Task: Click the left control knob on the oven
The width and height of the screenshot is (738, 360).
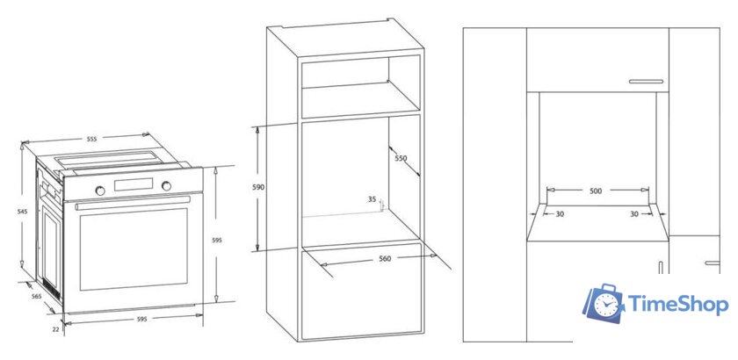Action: (x=100, y=191)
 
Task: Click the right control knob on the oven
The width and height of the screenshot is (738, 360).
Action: (x=166, y=186)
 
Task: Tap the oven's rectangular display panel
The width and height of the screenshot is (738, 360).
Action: (x=134, y=184)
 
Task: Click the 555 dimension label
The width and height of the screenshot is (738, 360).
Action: (x=91, y=139)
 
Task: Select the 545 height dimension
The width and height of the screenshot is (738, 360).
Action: (x=23, y=212)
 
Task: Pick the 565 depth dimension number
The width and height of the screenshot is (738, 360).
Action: (x=36, y=296)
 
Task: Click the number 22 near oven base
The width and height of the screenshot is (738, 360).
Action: (x=55, y=329)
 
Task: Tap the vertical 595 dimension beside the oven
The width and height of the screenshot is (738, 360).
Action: (x=216, y=240)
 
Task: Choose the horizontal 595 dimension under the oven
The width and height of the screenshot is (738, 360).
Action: (x=141, y=319)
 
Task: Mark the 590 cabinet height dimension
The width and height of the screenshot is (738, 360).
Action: (x=258, y=187)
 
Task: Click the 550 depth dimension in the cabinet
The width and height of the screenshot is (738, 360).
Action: (x=401, y=158)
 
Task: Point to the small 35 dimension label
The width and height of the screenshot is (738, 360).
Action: (x=372, y=199)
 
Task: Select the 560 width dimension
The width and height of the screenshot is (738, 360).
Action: (x=385, y=258)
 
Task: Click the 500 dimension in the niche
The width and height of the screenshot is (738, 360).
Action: (x=596, y=191)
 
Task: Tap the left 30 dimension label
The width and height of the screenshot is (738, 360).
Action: (x=560, y=214)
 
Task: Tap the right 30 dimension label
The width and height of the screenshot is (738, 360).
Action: (x=634, y=214)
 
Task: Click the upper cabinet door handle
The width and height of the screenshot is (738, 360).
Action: (x=646, y=82)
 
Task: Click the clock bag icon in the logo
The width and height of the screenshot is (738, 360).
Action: (x=603, y=303)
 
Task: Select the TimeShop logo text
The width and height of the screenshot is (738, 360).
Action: (x=678, y=305)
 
